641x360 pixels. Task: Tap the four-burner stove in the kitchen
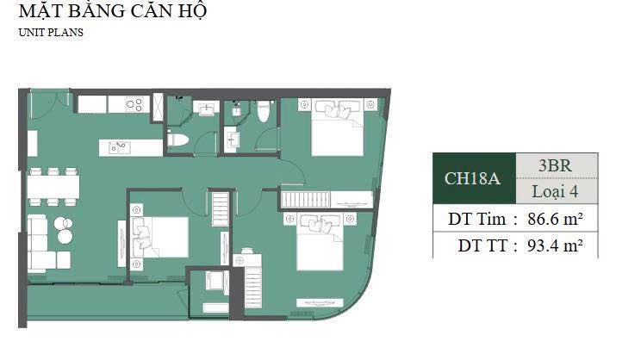pyautogui.click(x=135, y=104)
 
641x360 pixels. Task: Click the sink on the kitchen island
pyautogui.click(x=119, y=147)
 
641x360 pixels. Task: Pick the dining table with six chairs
pyautogui.click(x=53, y=186)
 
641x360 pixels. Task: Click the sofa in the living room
pyautogui.click(x=38, y=244)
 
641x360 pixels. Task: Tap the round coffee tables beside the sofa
pyautogui.click(x=63, y=229)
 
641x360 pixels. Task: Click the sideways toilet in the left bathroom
pyautogui.click(x=177, y=140)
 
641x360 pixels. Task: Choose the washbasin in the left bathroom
pyautogui.click(x=205, y=109)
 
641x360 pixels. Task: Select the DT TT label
pyautogui.click(x=485, y=245)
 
